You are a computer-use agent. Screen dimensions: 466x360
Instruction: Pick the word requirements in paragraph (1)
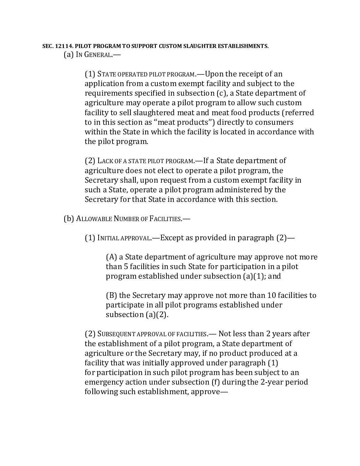click(108, 93)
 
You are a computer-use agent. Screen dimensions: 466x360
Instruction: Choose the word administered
click(238, 190)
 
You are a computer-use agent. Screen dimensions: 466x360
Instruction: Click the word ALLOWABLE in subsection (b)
click(94, 219)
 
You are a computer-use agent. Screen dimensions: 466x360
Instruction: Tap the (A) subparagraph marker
click(111, 257)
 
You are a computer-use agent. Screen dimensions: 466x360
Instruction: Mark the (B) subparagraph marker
click(111, 296)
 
